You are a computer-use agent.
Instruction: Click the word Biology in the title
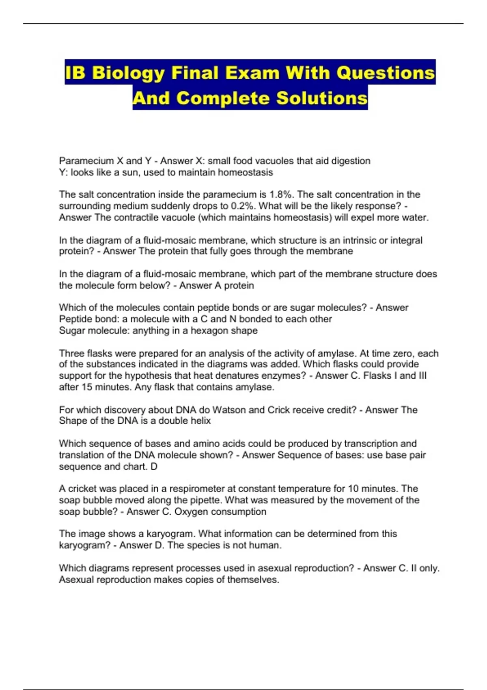point(128,73)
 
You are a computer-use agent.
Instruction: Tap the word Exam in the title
point(252,73)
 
